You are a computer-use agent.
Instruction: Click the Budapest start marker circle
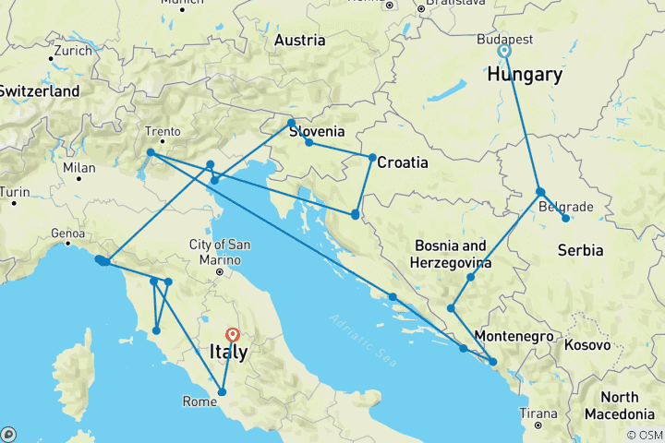coord(505,52)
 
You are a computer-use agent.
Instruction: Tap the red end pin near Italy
coord(232,336)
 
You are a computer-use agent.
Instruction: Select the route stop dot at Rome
coord(223,392)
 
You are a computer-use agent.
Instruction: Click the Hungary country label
coord(529,75)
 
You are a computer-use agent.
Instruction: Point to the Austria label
coord(300,41)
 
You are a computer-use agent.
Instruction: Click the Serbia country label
coord(580,250)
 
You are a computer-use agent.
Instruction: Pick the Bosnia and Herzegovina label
coord(451,255)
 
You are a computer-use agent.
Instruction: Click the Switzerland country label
coord(39,91)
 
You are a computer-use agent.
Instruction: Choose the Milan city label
coord(80,168)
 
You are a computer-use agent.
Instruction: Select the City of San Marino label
coord(219,252)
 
